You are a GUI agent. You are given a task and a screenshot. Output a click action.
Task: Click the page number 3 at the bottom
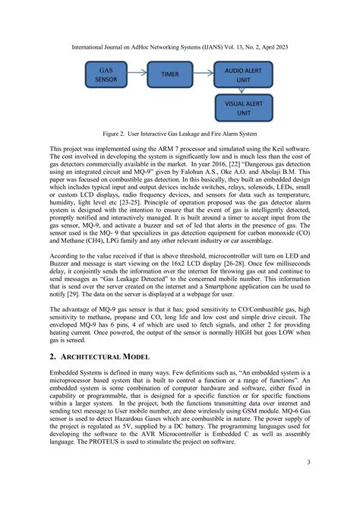coord(308,482)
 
